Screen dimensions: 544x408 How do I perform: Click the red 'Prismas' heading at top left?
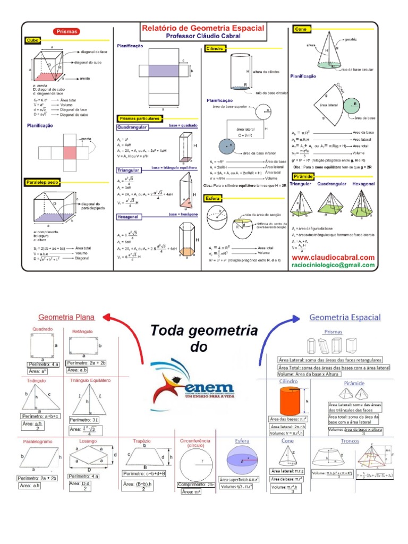[x=67, y=31]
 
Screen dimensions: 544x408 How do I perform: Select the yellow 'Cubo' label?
[x=33, y=40]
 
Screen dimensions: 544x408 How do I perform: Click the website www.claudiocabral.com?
[x=334, y=257]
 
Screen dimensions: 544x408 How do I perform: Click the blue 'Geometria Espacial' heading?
[x=345, y=317]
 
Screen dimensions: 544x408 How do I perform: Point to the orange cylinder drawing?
[x=290, y=403]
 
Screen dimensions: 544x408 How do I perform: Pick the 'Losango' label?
[x=88, y=441]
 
